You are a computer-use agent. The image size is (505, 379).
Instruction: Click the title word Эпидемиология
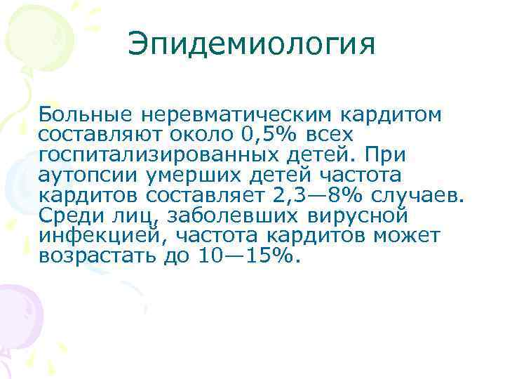(252, 46)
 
